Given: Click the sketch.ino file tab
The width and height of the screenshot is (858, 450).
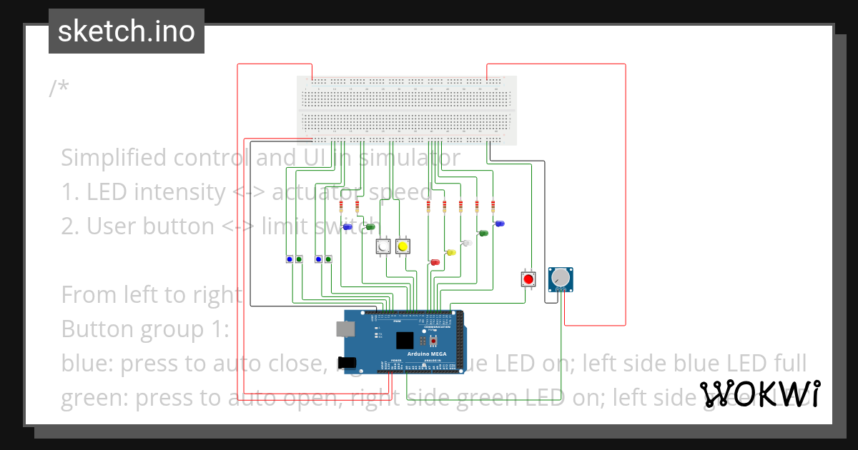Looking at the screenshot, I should click(x=126, y=31).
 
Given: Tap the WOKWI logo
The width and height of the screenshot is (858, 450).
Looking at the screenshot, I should click(x=759, y=394).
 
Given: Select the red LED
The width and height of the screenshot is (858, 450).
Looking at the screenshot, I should click(x=434, y=263).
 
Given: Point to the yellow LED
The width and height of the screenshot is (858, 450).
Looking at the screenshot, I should click(x=451, y=252).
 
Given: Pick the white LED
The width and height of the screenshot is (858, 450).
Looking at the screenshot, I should click(x=468, y=243).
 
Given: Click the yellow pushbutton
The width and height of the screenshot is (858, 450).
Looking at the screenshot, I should click(x=403, y=246).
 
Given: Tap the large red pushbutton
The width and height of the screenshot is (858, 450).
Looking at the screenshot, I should click(x=528, y=279).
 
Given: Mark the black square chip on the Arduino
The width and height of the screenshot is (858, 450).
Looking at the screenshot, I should click(x=405, y=341).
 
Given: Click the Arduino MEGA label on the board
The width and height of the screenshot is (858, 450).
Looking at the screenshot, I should click(x=428, y=354).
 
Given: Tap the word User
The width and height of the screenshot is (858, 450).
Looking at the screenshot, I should click(x=112, y=226).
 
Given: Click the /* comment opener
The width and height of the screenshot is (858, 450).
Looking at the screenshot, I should click(x=59, y=89).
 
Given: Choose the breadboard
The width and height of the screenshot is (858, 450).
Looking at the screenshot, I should click(x=406, y=111).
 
